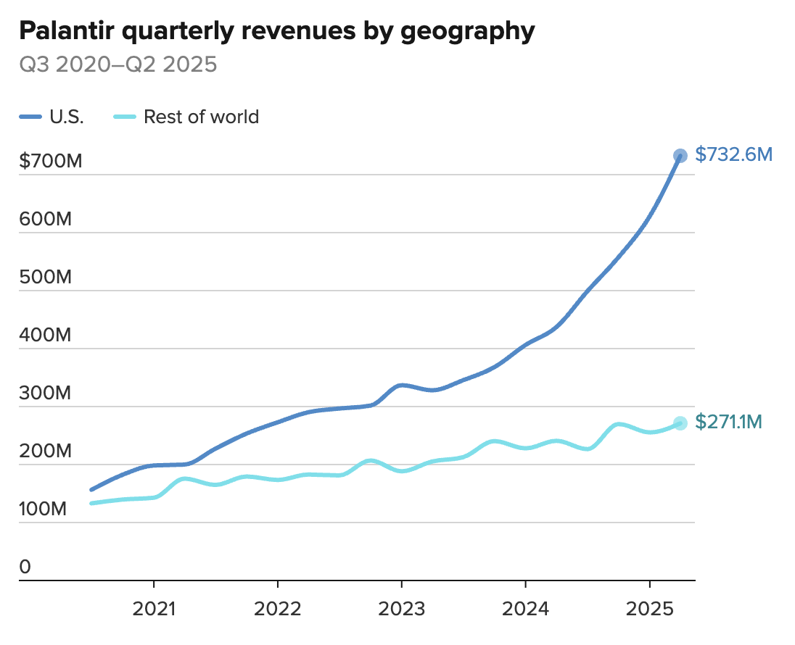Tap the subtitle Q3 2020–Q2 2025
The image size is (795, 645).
118,64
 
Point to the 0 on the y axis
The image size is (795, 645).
25,567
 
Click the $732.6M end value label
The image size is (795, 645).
733,154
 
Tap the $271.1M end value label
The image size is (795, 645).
728,422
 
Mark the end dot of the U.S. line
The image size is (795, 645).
680,155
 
